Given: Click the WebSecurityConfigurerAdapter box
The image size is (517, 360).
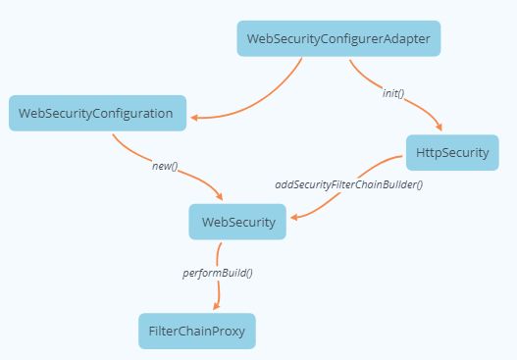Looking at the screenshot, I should (x=338, y=39).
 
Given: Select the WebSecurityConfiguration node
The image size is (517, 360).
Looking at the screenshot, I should (x=97, y=113).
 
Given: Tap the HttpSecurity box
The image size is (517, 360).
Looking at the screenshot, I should (x=452, y=153).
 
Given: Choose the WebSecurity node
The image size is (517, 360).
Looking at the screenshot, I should (x=237, y=222).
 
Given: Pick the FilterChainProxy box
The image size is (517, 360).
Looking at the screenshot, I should (x=196, y=331).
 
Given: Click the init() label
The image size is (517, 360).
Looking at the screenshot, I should (x=393, y=94).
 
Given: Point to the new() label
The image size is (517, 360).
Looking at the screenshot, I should (x=164, y=166).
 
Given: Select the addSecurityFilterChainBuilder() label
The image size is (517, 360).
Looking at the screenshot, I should (x=348, y=184).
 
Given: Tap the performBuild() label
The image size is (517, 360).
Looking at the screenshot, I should (x=218, y=272).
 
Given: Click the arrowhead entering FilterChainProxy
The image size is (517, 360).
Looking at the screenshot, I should (x=216, y=307).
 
